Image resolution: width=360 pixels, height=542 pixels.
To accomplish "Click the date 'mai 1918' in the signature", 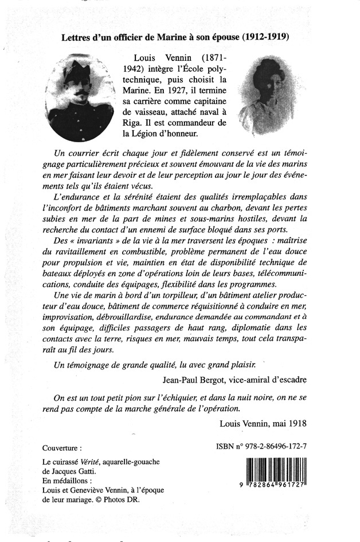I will tap(287, 424).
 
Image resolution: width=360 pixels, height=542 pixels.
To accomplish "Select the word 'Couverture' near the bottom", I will tap(62, 447).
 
